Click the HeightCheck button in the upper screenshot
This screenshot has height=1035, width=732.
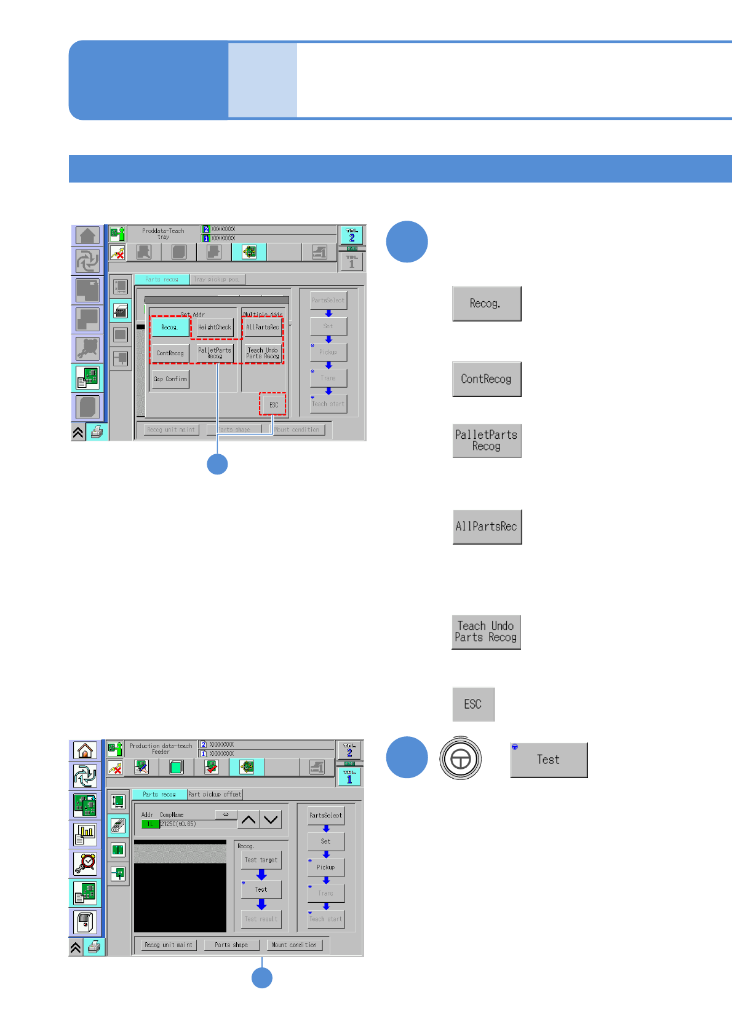(215, 328)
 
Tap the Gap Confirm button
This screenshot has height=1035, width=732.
(170, 379)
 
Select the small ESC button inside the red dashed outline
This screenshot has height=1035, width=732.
(273, 404)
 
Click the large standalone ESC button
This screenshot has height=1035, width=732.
(473, 704)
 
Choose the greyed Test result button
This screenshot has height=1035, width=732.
(261, 919)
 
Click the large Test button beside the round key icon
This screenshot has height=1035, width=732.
(549, 760)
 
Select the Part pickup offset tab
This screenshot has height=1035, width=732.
(215, 795)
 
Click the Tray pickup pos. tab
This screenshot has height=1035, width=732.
(217, 280)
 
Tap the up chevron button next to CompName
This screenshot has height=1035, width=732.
(249, 820)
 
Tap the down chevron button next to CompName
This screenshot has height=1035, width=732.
(271, 820)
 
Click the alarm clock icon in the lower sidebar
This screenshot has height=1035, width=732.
(86, 863)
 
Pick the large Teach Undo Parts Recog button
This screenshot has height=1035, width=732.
(486, 632)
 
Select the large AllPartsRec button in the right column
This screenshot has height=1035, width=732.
(487, 527)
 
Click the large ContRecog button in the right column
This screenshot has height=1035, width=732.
(487, 379)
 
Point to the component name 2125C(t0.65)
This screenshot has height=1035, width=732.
(178, 824)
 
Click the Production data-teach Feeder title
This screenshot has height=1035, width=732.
(161, 749)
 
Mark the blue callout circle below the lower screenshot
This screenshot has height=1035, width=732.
(262, 977)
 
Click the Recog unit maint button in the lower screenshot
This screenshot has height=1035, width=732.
(168, 945)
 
